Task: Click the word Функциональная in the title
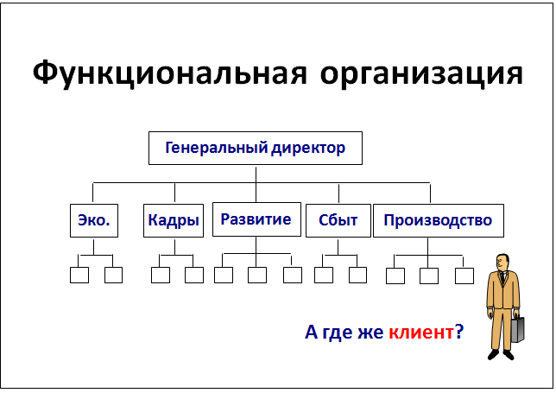point(169,73)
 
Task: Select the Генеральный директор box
point(256,149)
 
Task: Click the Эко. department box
point(94,220)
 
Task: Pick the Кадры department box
point(174,220)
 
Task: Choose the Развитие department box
point(256,219)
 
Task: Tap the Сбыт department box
point(338,220)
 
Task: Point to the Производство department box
point(439,220)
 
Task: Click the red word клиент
point(421,332)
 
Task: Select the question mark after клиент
point(459,332)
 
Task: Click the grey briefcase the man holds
point(517,329)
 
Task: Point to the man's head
point(502,263)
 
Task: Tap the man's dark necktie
point(502,278)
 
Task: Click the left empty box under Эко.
point(79,276)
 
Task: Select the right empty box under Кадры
point(194,276)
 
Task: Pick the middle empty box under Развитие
point(257,276)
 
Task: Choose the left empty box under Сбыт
point(324,276)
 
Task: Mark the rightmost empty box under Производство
point(464,276)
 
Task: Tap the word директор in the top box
point(308,149)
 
